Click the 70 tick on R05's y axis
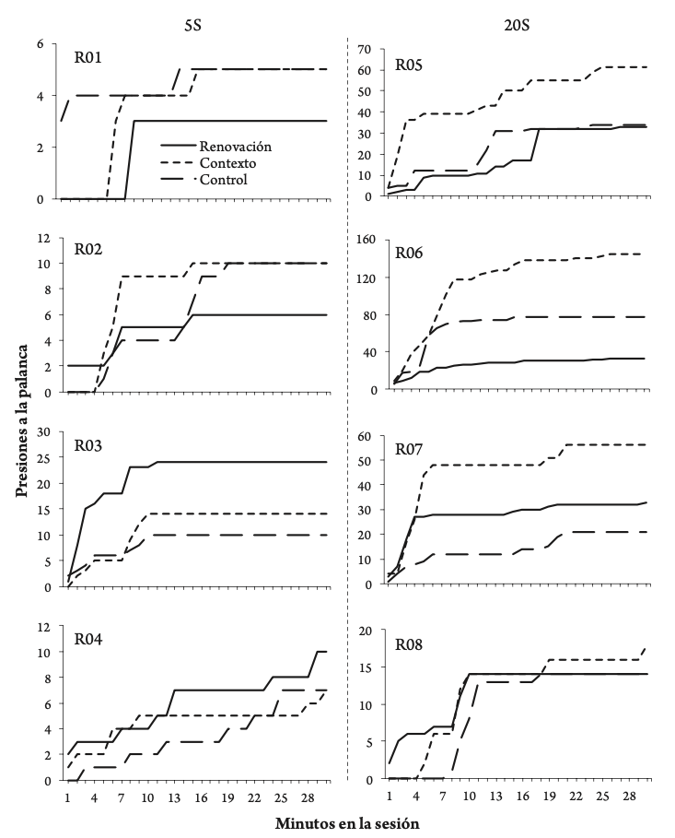point(366,48)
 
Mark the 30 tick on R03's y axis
point(43,431)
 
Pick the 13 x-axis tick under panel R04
point(174,795)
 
